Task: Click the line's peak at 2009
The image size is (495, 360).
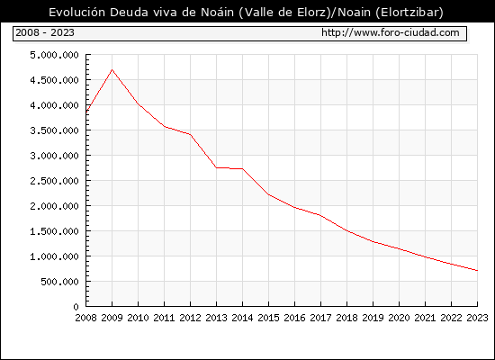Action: click(112, 70)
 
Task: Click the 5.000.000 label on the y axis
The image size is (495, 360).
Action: click(54, 55)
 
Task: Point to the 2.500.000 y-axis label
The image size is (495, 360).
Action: click(54, 181)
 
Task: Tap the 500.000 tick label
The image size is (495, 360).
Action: click(59, 282)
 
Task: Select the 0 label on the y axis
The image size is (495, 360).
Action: click(76, 307)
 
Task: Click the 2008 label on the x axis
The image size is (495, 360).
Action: click(85, 318)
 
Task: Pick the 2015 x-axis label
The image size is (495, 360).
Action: click(269, 318)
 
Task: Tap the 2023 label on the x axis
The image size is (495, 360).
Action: click(477, 318)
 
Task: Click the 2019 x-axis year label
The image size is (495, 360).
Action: click(373, 318)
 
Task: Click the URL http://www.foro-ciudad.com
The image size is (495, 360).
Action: click(391, 32)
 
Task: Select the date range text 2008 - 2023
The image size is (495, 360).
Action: click(45, 32)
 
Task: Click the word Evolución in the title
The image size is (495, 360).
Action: click(77, 13)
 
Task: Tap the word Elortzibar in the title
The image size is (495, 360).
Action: click(408, 13)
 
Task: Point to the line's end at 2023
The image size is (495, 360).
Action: click(477, 270)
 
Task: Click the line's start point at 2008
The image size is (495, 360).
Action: click(86, 112)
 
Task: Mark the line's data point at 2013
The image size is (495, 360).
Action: click(217, 167)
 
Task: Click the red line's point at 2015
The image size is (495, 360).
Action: click(269, 194)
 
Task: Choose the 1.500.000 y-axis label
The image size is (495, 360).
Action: click(54, 231)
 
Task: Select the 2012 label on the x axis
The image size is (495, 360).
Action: click(191, 318)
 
